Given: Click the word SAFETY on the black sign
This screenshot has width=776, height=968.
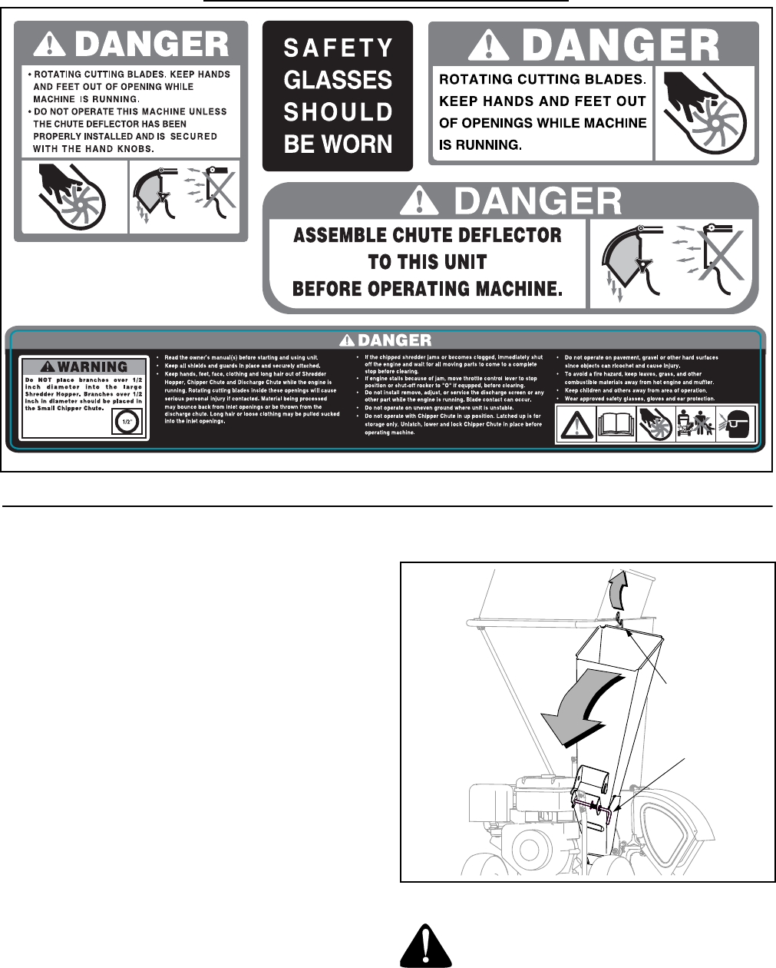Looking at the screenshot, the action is coord(338,48).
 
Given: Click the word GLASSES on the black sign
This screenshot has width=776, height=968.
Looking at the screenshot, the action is coord(338,80).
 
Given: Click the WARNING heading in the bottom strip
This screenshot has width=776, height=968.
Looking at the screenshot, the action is coord(84,366).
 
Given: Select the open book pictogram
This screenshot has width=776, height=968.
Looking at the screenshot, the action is coord(616,425).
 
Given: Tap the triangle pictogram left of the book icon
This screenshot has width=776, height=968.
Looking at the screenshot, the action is coord(576,425).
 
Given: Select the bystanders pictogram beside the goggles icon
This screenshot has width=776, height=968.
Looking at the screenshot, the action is coord(695,425).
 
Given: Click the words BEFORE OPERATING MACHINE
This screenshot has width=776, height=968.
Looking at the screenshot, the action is coord(427,289).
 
